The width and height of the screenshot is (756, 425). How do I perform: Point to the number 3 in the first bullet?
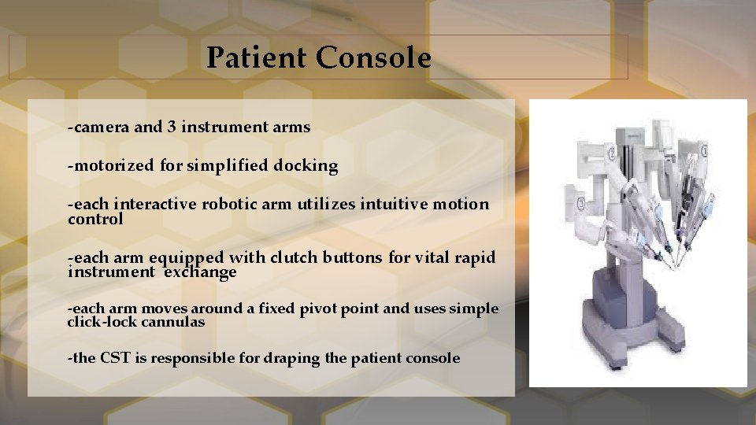tap(171, 127)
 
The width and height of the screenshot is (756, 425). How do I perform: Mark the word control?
tap(95, 220)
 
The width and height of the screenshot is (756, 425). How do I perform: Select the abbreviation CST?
tap(115, 358)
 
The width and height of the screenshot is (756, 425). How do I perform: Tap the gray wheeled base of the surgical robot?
tap(637, 331)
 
